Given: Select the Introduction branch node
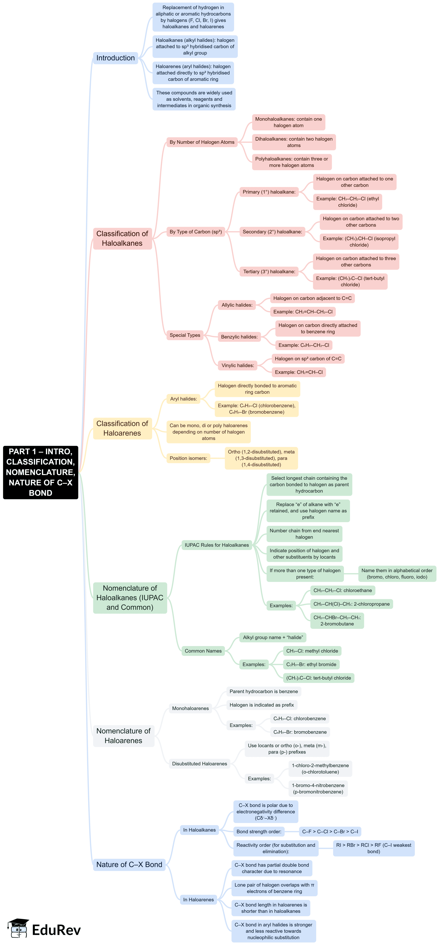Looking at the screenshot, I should click(115, 58).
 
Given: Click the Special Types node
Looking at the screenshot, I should click(185, 335).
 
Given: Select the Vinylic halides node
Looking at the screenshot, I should click(237, 365).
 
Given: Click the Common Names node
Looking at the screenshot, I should click(203, 651).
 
